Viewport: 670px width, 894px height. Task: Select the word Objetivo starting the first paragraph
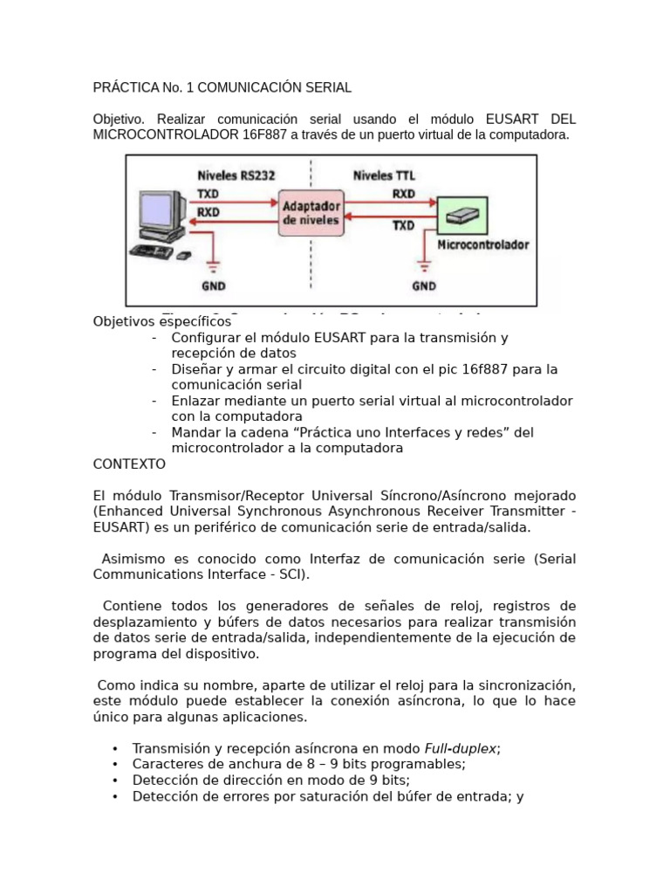click(x=120, y=119)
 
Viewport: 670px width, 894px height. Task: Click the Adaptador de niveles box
click(x=310, y=213)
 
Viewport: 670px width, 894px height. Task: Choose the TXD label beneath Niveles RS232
click(x=209, y=193)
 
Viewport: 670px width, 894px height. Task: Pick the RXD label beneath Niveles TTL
click(x=403, y=194)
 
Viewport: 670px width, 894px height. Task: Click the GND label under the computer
click(x=213, y=285)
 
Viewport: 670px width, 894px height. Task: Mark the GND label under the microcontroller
click(x=424, y=285)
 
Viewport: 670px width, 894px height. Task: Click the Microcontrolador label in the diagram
click(x=482, y=245)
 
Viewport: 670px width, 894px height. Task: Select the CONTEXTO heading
click(x=129, y=464)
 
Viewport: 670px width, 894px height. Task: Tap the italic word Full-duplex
click(x=461, y=748)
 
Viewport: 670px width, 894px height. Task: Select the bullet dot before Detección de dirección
click(x=115, y=781)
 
